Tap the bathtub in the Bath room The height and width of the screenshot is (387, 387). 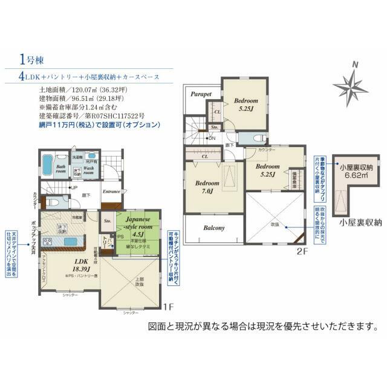pyautogui.click(x=49, y=166)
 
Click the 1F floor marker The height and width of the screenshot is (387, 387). pyautogui.click(x=169, y=307)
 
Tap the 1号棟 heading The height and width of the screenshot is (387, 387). pyautogui.click(x=31, y=60)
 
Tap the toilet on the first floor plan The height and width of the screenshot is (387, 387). pyautogui.click(x=52, y=204)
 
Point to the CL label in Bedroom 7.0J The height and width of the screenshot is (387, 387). pyautogui.click(x=205, y=156)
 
